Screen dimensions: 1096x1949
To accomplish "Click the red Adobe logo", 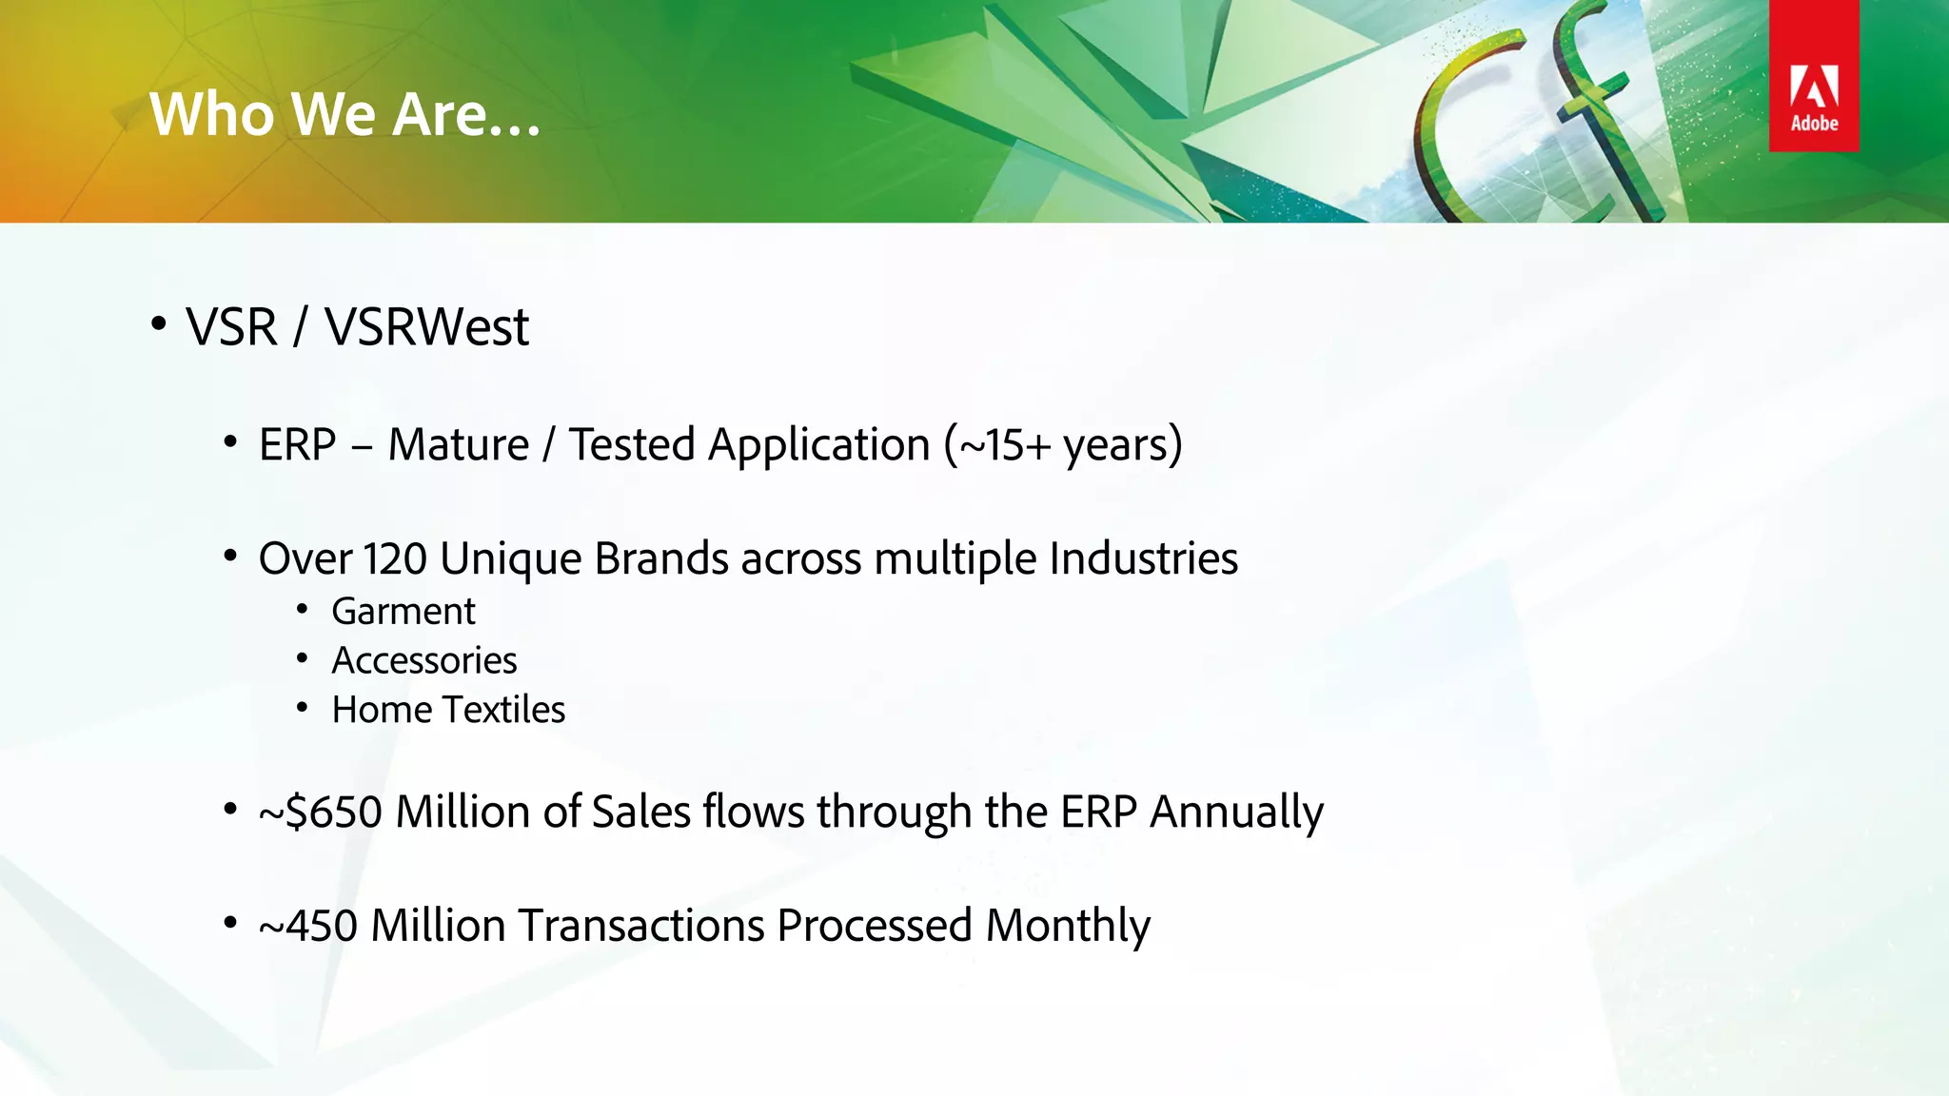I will coord(1814,77).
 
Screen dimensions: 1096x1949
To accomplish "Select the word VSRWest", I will coord(426,328).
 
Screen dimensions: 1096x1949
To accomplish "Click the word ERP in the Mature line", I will coord(297,445).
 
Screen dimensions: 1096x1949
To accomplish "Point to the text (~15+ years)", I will coord(1063,445).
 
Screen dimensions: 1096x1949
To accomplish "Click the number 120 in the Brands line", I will coord(395,558).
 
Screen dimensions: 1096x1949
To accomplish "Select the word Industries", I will coord(1143,558).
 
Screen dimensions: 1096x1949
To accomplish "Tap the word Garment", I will coord(403,612).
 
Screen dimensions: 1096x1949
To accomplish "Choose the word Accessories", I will coord(423,661).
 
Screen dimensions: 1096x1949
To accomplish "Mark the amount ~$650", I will coord(321,812).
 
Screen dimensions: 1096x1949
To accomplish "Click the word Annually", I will coord(1236,812).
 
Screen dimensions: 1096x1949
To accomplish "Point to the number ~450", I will coord(308,926).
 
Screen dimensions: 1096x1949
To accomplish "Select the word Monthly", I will coord(1068,926).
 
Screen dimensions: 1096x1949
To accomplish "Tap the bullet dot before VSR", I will coord(159,324).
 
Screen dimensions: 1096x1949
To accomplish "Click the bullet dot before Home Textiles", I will coord(302,707).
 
